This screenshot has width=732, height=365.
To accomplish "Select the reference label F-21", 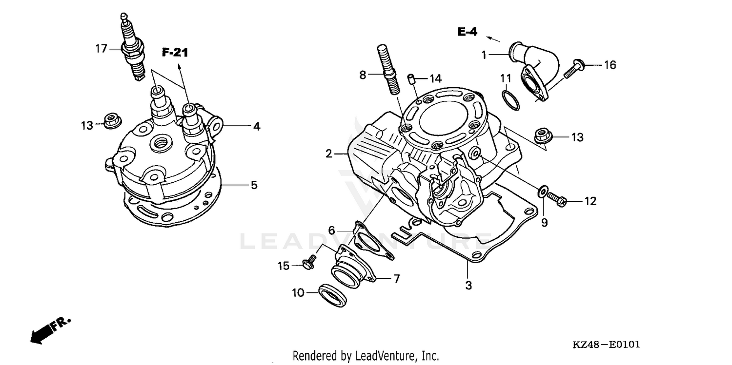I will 175,53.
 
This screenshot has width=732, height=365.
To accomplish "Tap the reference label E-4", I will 467,32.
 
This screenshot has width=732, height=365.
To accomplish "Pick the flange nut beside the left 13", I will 111,120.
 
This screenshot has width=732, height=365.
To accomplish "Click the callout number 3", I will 468,286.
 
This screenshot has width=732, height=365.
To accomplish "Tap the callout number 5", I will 254,185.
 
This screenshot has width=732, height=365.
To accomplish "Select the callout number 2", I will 329,154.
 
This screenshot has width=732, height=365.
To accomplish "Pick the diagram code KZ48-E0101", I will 606,345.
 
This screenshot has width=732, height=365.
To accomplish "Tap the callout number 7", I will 396,279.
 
